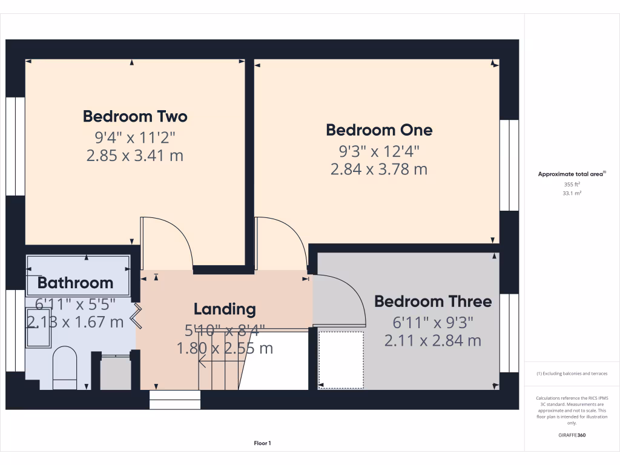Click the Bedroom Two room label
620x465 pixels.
click(135, 116)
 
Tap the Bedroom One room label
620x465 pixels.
click(379, 130)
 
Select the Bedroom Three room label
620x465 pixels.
click(433, 301)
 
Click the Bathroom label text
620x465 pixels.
click(75, 282)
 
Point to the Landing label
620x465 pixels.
click(225, 309)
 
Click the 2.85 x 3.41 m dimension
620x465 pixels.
click(135, 156)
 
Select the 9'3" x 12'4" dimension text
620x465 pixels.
click(379, 150)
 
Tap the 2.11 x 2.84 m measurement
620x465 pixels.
click(433, 341)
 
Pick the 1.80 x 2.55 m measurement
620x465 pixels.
click(225, 348)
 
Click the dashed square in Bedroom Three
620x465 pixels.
click(341, 359)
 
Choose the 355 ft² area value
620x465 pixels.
click(572, 185)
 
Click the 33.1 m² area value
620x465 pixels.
click(572, 194)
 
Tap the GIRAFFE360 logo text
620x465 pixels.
click(572, 435)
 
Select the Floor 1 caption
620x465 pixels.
click(262, 444)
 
